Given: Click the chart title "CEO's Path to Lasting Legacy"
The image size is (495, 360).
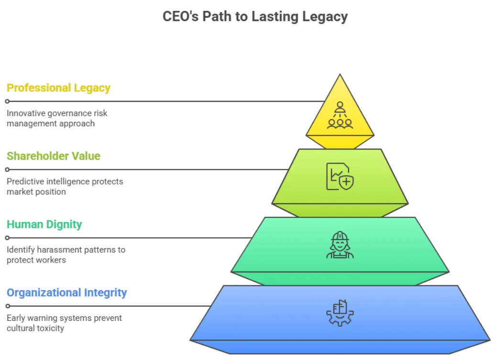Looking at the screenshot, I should click(255, 16).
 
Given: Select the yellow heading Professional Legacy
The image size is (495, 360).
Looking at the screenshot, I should click(58, 88).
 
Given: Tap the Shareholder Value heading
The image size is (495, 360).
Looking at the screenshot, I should click(54, 156).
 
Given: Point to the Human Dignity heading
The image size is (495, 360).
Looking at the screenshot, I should click(44, 224).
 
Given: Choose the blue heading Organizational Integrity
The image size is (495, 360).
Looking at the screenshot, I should click(67, 293).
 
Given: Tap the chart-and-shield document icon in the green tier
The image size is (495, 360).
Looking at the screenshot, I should click(340, 176).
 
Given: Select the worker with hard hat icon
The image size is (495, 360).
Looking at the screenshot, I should click(340, 245).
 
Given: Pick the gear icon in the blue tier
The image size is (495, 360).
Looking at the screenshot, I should click(340, 313).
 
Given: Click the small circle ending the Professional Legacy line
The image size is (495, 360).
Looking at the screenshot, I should click(7, 101).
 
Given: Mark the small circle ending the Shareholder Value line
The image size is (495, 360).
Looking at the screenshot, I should click(7, 169).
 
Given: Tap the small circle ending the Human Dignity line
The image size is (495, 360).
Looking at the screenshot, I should click(7, 238).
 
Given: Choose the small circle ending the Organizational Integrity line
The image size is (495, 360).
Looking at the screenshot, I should click(7, 306).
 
